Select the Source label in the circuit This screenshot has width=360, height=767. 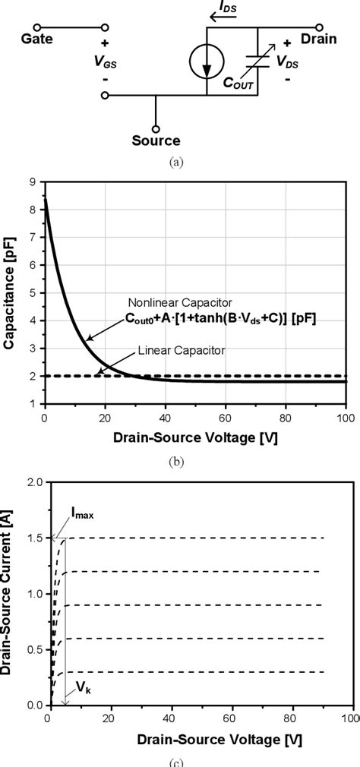pyautogui.click(x=156, y=140)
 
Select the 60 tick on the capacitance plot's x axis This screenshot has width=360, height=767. pyautogui.click(x=226, y=418)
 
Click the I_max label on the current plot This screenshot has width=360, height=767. pyautogui.click(x=83, y=516)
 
